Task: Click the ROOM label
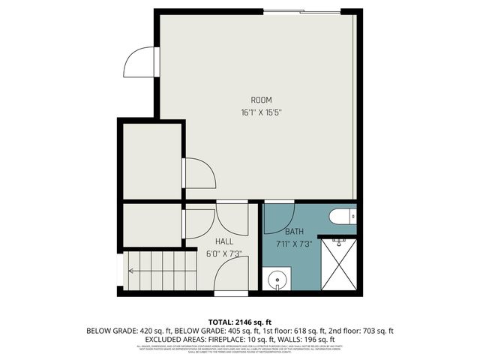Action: coord(261,100)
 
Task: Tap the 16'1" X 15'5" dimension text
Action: coord(261,112)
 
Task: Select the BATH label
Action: coord(294,232)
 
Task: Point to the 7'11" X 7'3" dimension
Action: coord(294,244)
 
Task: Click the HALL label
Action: coord(223,241)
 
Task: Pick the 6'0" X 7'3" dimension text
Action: coord(223,253)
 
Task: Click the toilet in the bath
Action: coord(342,217)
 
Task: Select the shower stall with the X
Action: coord(339,263)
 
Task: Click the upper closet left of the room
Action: coord(152,160)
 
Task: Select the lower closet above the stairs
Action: coord(152,225)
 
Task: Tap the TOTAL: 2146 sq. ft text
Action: coord(240,322)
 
